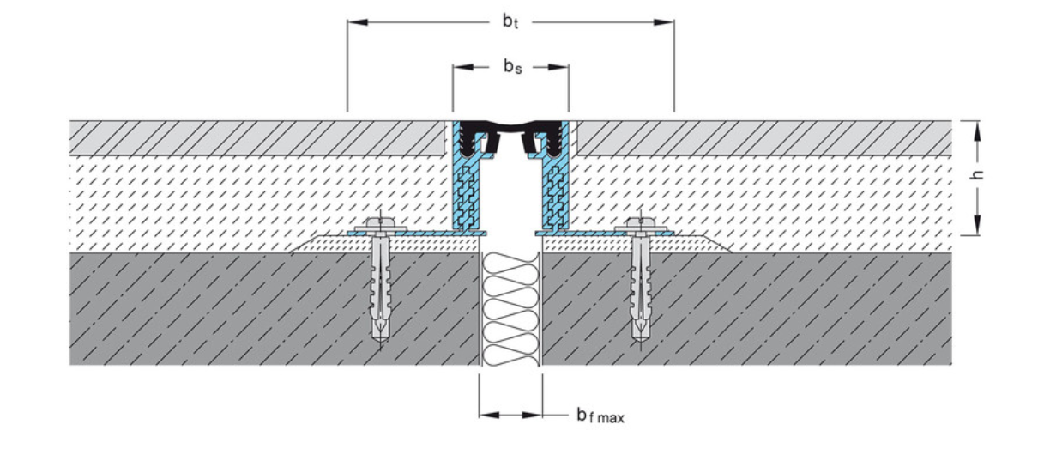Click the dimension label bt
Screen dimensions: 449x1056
coord(511,21)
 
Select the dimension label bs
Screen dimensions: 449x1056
coord(512,66)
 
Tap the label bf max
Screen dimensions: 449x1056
coord(600,417)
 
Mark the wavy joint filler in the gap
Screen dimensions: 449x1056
coord(510,309)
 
